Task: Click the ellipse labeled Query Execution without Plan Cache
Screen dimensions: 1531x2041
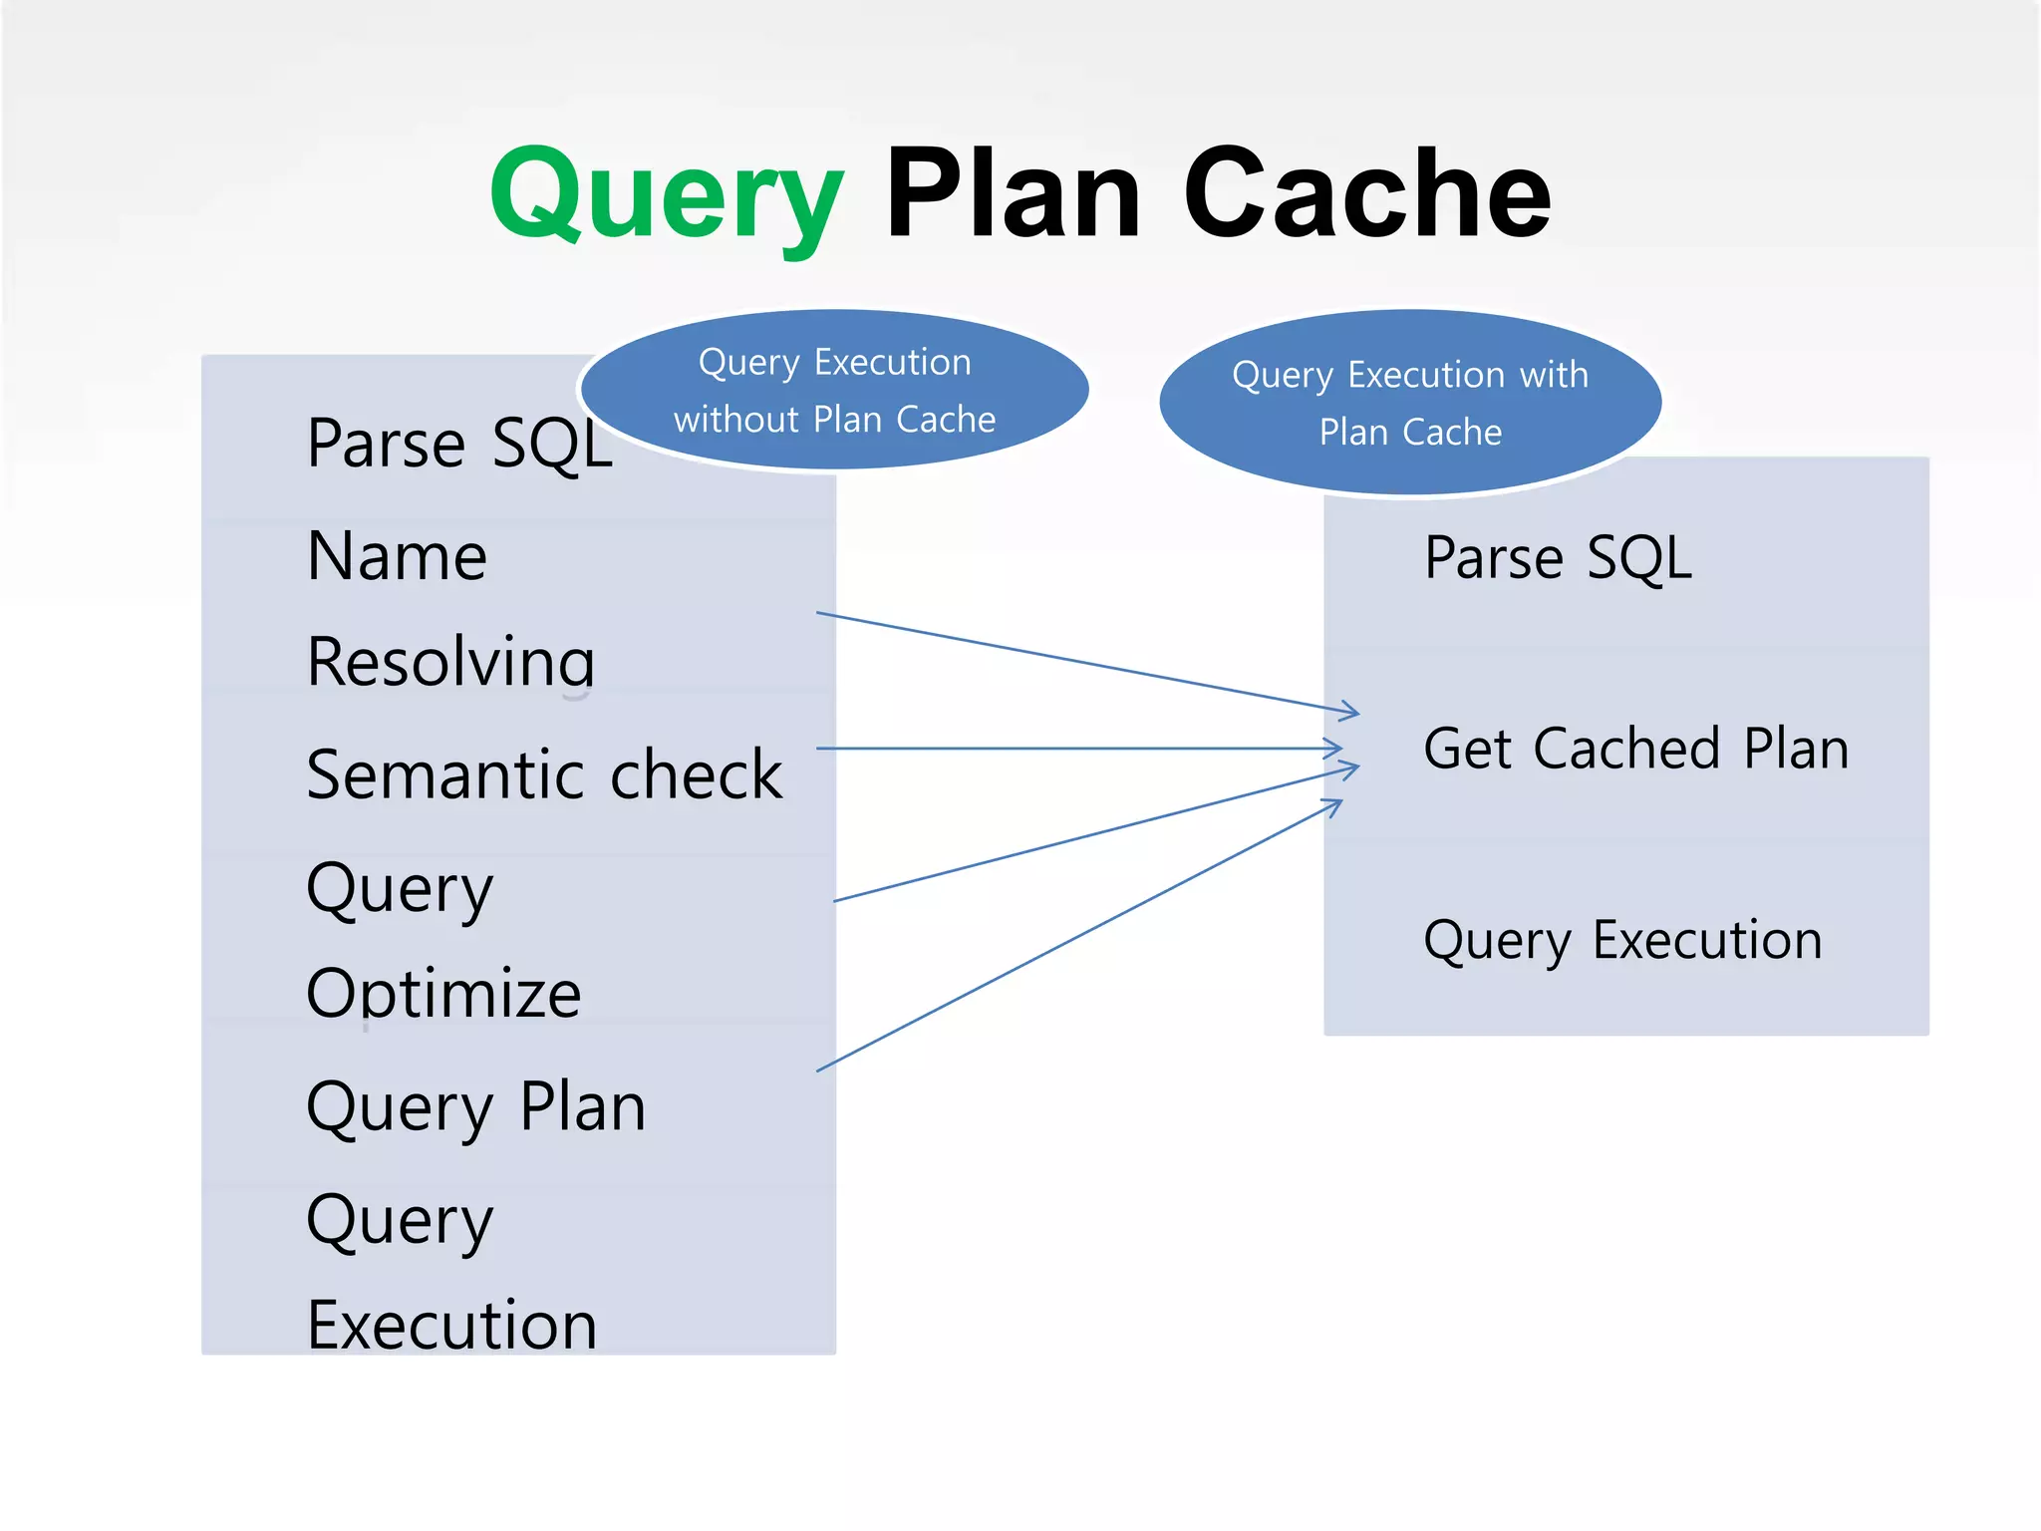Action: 834,390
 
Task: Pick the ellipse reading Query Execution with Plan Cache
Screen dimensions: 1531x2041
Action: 1410,403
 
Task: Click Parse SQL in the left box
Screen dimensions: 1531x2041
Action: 459,444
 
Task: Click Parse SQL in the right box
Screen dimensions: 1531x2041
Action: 1558,557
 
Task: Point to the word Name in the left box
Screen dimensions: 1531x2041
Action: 397,556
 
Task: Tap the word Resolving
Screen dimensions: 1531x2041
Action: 450,662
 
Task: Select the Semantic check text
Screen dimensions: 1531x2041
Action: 544,774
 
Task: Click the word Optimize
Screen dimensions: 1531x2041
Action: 443,994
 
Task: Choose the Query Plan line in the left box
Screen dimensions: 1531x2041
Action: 476,1107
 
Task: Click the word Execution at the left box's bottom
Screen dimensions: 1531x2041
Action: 451,1326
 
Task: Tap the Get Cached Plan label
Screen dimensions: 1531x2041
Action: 1635,749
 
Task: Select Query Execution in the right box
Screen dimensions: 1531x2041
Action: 1622,940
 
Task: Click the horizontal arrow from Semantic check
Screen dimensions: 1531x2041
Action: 1076,749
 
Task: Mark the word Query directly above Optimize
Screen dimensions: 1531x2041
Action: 400,888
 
